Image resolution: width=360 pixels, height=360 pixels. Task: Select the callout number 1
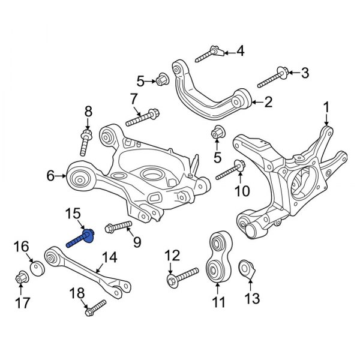pos(326,107)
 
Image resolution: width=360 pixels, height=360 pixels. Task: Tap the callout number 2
pos(268,102)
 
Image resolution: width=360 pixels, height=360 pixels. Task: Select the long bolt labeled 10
pos(228,172)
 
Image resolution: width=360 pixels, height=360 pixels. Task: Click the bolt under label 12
pos(182,276)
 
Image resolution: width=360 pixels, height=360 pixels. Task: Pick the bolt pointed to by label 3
pos(272,77)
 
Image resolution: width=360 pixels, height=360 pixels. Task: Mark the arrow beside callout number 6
pos(62,175)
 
